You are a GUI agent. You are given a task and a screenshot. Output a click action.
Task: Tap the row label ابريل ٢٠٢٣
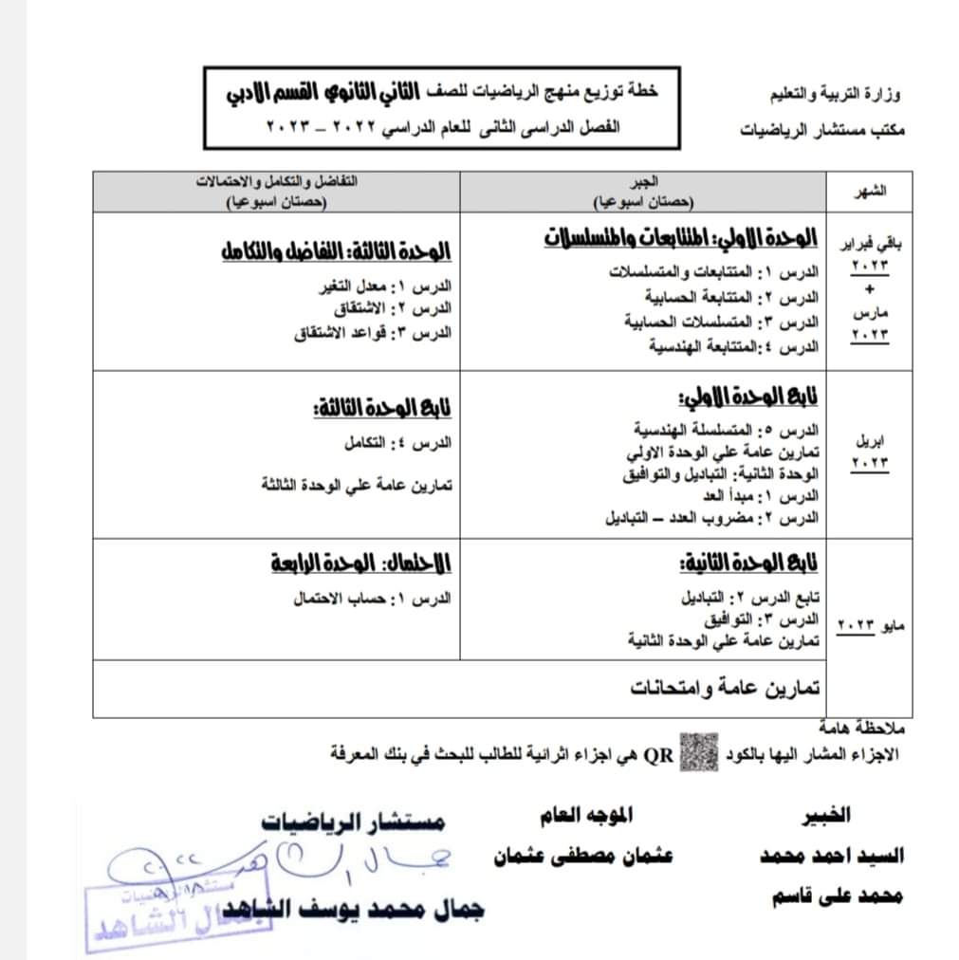click(870, 452)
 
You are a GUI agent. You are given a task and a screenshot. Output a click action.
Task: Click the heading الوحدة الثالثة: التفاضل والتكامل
click(335, 253)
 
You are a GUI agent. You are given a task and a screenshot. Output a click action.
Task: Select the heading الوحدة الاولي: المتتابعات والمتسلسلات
click(681, 237)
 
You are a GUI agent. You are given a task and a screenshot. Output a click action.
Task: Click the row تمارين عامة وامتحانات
click(725, 688)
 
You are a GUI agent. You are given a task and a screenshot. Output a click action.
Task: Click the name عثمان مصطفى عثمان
click(582, 855)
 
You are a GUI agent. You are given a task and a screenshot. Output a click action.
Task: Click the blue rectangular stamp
click(176, 915)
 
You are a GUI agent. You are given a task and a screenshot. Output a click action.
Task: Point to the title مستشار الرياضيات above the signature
click(353, 821)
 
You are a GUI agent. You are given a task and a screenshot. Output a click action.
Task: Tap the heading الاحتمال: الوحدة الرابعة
click(360, 564)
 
